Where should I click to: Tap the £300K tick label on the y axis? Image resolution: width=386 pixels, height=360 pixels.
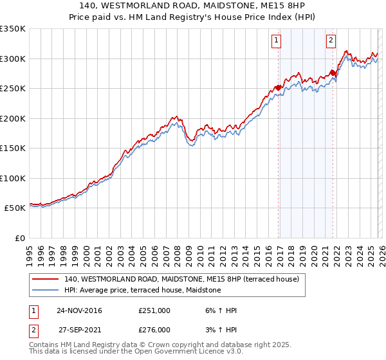click(x=13, y=59)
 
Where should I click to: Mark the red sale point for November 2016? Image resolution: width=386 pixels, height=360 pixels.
click(x=278, y=87)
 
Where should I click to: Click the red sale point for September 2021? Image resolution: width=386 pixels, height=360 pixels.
click(x=333, y=73)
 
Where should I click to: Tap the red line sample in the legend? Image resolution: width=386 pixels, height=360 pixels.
click(x=46, y=280)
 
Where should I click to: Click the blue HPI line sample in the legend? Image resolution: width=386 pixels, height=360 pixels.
click(x=46, y=291)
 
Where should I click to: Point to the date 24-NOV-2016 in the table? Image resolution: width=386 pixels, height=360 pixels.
click(x=79, y=310)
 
